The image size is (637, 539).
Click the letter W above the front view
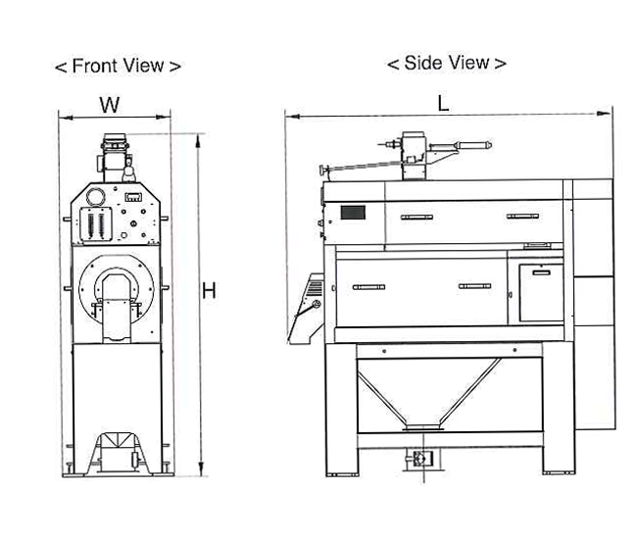pos(110,104)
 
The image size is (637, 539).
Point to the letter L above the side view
pos(444,104)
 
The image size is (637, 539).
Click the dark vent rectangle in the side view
pos(352,212)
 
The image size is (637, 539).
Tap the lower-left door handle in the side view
pos(368,287)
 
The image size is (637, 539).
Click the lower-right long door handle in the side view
pos(474,286)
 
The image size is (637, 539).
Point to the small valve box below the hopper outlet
pos(422,457)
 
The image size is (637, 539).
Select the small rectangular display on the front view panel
pos(134,197)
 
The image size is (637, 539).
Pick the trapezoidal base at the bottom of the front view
pos(118,454)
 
